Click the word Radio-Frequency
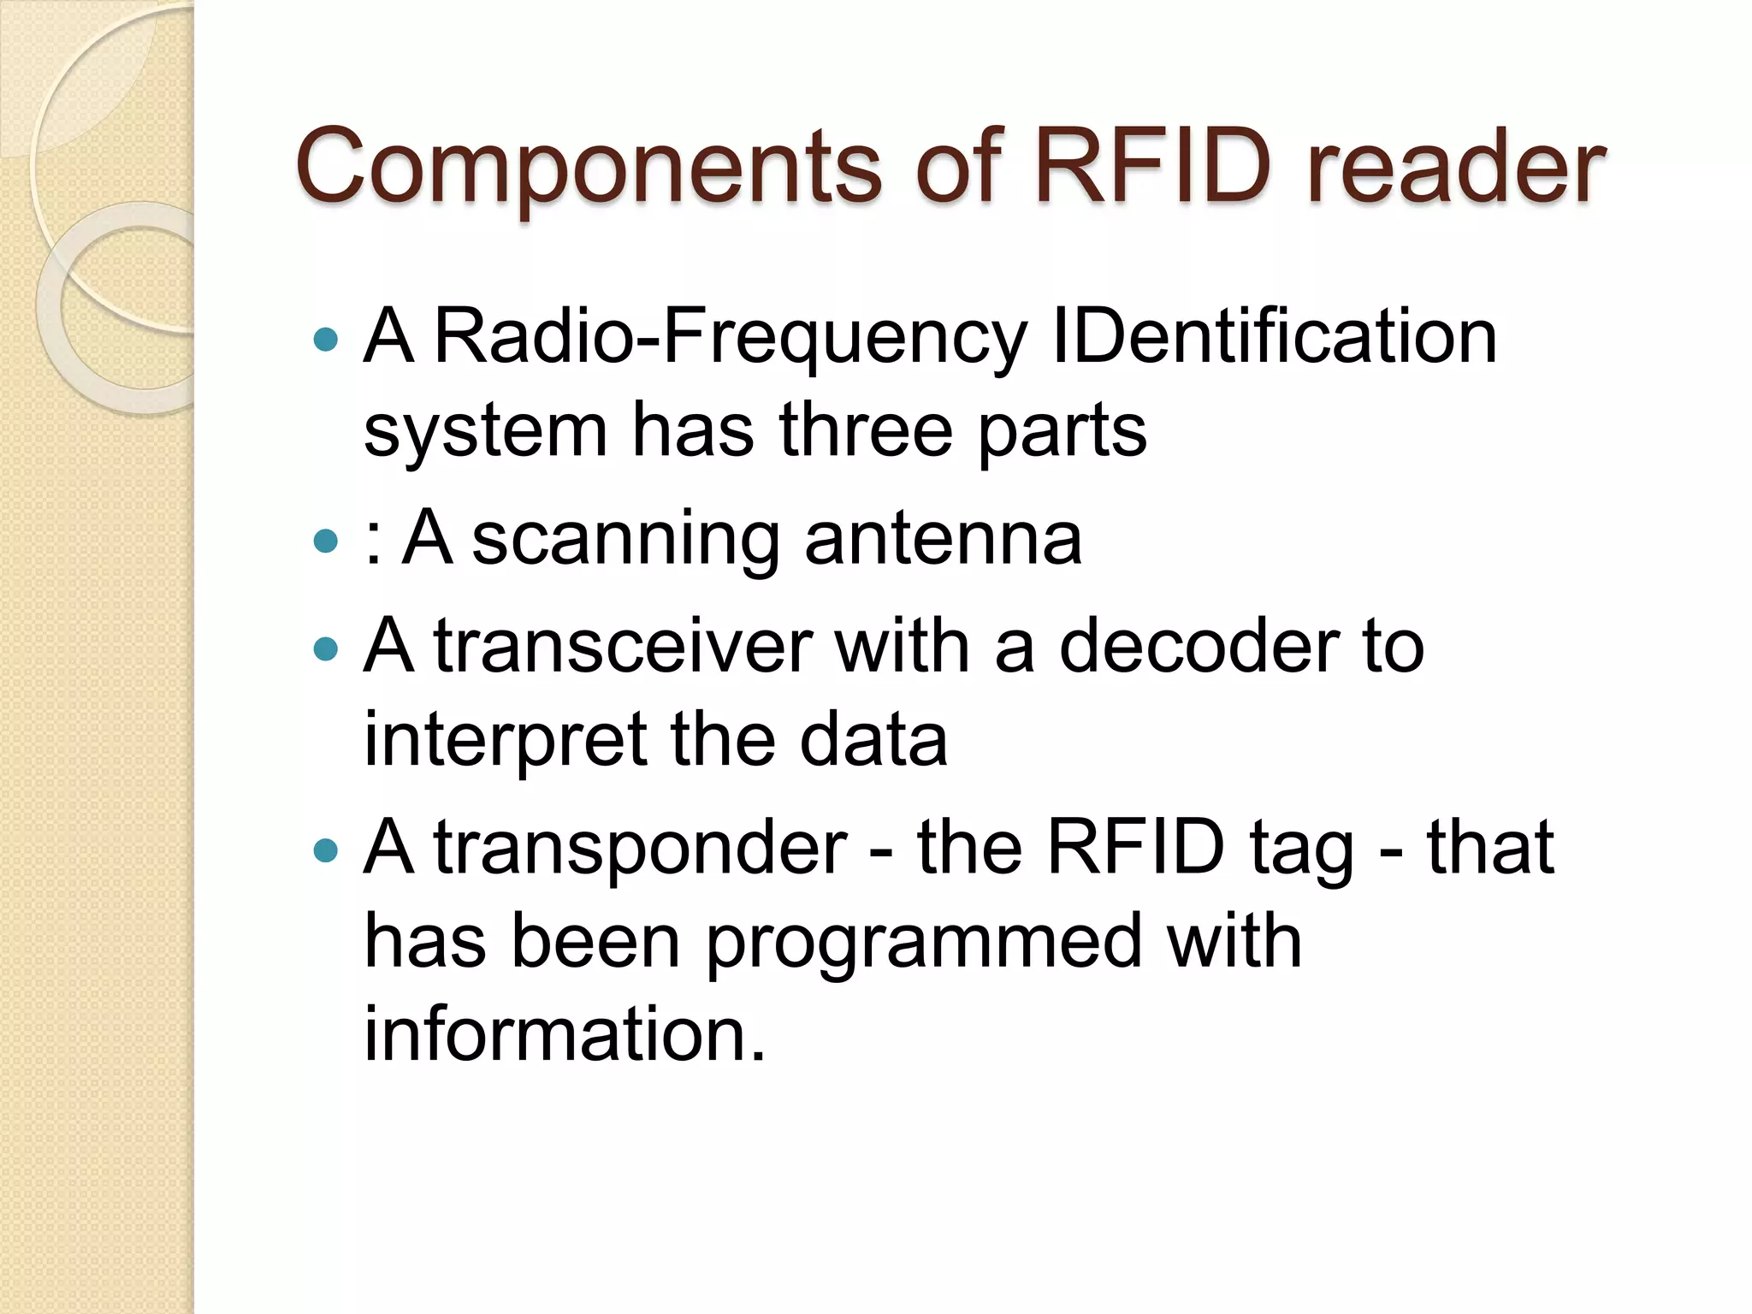click(730, 338)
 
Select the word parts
click(1062, 432)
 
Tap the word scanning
click(625, 541)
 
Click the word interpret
click(506, 741)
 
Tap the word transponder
click(641, 849)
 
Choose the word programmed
click(924, 944)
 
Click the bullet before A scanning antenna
click(326, 541)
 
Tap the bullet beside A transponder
click(326, 850)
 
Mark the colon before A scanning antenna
click(372, 542)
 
